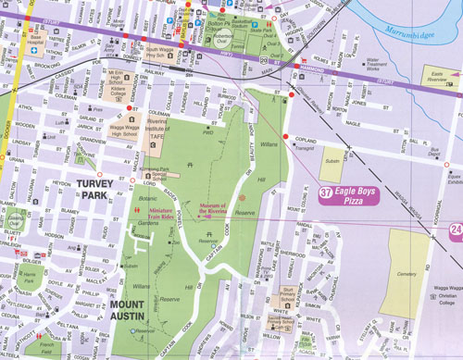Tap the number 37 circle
point(326,192)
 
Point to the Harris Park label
point(28,277)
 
